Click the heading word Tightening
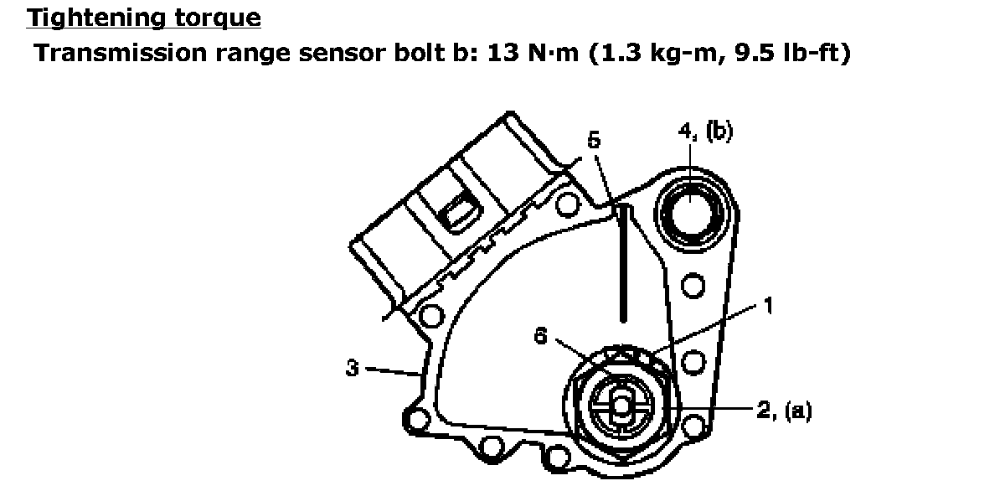96,18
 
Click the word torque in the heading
218,18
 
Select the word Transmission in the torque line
121,53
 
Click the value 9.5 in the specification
755,53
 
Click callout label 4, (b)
706,132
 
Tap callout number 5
594,140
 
